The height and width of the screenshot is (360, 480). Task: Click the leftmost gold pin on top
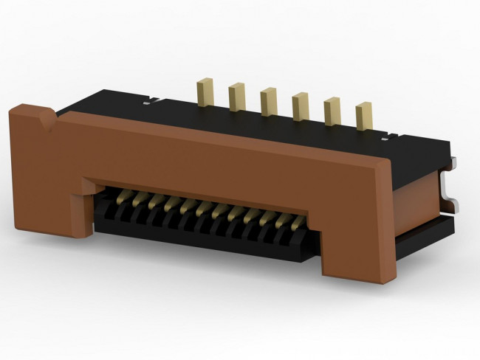[x=204, y=93]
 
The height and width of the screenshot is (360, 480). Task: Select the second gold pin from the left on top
[x=236, y=97]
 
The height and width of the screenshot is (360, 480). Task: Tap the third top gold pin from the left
[x=268, y=101]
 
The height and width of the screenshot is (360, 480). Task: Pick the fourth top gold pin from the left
[x=300, y=106]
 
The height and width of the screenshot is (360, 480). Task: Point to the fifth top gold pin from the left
[x=332, y=111]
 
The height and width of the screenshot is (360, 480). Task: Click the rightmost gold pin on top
[x=363, y=117]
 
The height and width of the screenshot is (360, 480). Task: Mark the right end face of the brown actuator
[x=391, y=221]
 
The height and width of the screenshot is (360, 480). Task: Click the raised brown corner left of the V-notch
[x=26, y=112]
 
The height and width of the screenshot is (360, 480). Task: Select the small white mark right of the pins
[x=385, y=135]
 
